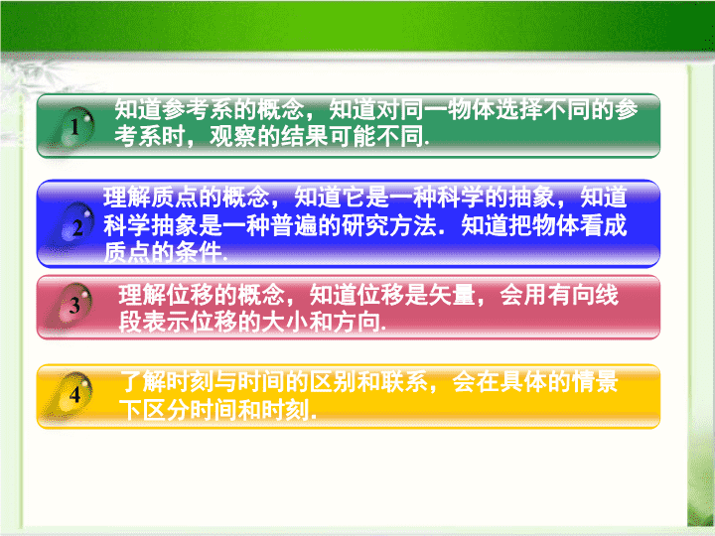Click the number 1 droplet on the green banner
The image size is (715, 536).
click(x=75, y=127)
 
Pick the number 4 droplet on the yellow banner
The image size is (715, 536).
click(x=74, y=393)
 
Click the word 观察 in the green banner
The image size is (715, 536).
click(x=233, y=136)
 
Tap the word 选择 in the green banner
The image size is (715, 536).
click(x=519, y=110)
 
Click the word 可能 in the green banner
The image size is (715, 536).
click(x=352, y=136)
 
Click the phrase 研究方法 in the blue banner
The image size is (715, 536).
click(x=388, y=225)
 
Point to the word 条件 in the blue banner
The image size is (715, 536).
click(x=199, y=252)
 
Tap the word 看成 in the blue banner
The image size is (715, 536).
click(x=603, y=225)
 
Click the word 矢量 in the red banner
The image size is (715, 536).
click(x=452, y=295)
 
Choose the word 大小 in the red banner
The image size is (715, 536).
click(x=285, y=322)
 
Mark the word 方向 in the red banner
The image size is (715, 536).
click(x=357, y=322)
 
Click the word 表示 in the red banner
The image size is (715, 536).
click(x=166, y=322)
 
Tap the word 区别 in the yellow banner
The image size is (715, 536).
click(x=333, y=382)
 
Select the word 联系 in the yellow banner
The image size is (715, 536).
click(x=404, y=382)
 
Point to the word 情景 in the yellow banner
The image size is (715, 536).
click(x=594, y=382)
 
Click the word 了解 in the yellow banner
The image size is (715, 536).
click(x=143, y=382)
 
